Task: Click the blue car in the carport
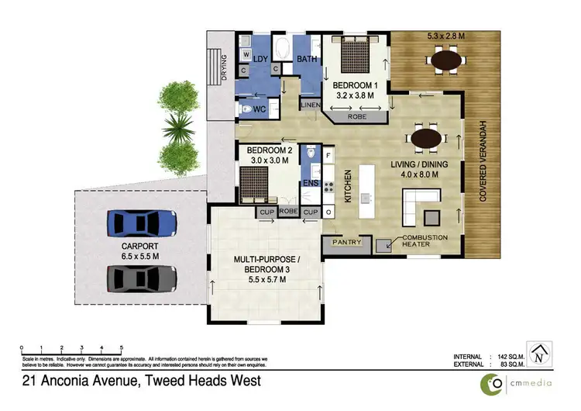tap(145, 223)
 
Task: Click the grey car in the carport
tap(145, 276)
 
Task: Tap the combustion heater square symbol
tap(384, 246)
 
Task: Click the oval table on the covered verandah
tap(445, 58)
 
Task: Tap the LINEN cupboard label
tap(311, 105)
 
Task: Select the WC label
tap(260, 110)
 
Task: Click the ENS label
tap(311, 184)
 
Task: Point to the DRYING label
tap(223, 68)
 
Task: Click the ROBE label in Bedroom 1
tap(357, 117)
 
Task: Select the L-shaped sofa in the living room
tap(419, 208)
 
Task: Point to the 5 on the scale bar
tap(121, 347)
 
